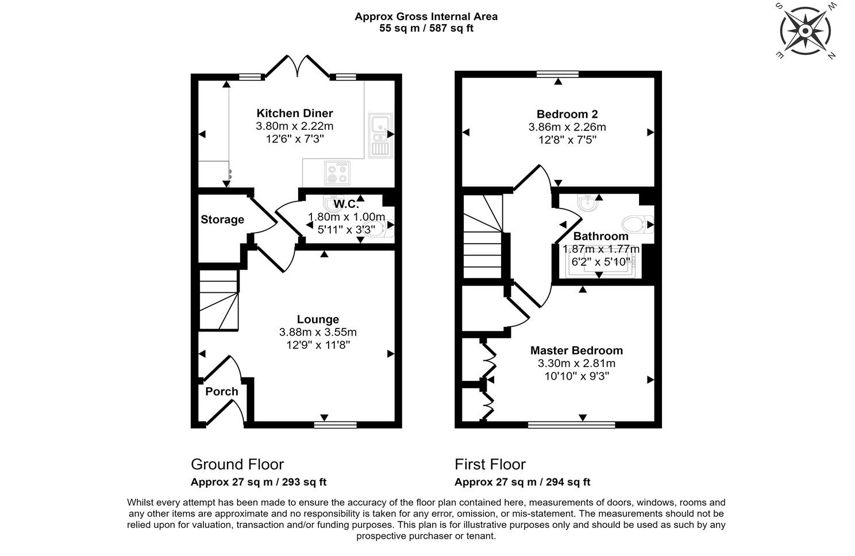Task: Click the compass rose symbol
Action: [806, 30]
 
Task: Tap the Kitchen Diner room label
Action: [294, 113]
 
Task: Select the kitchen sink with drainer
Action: [380, 136]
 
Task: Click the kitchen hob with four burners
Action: [337, 173]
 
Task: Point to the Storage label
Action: [222, 219]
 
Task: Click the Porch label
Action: [222, 391]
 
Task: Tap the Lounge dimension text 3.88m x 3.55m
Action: [318, 332]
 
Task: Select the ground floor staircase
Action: [219, 300]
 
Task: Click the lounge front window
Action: [335, 424]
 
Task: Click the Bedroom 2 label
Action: [567, 114]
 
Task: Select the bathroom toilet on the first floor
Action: [637, 225]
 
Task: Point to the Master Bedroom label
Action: [576, 350]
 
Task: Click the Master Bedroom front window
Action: [571, 424]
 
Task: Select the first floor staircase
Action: [483, 237]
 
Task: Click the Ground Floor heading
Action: [237, 465]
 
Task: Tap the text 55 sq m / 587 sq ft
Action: [426, 28]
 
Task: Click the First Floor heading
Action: [490, 465]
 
